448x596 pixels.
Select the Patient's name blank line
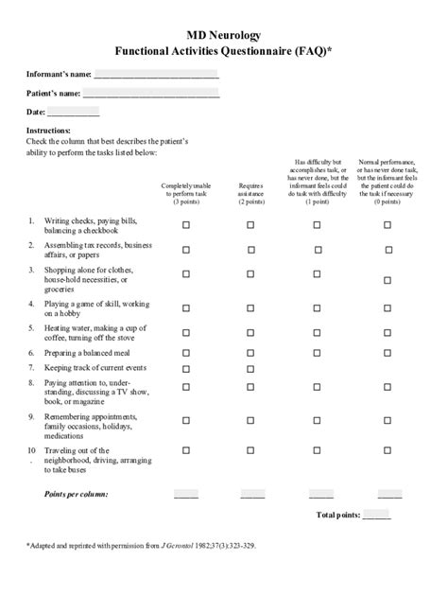click(x=150, y=94)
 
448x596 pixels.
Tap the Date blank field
click(x=73, y=113)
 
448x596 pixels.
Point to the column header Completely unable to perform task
click(x=185, y=194)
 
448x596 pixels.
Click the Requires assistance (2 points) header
click(x=250, y=194)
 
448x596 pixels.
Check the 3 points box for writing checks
click(x=186, y=225)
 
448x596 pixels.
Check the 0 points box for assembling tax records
click(x=388, y=250)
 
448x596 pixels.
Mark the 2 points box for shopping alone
click(x=250, y=276)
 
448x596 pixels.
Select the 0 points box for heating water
click(x=388, y=332)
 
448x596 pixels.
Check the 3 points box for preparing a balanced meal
click(x=186, y=352)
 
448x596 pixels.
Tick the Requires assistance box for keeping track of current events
click(x=250, y=368)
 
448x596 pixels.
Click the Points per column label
click(x=77, y=494)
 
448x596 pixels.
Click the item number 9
click(x=31, y=416)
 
